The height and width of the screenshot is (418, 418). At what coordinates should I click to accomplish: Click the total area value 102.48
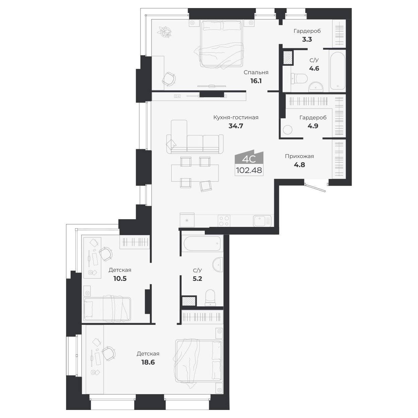pyautogui.click(x=249, y=170)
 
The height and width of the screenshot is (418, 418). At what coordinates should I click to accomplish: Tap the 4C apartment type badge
pyautogui.click(x=249, y=159)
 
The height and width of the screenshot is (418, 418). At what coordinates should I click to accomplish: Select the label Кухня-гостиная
pyautogui.click(x=236, y=117)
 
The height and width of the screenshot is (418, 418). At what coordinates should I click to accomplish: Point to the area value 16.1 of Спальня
pyautogui.click(x=256, y=81)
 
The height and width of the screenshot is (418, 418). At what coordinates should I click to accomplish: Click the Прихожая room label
pyautogui.click(x=299, y=156)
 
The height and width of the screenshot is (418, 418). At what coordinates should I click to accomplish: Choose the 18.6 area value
pyautogui.click(x=148, y=362)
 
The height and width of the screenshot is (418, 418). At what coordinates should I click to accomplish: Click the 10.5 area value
pyautogui.click(x=120, y=279)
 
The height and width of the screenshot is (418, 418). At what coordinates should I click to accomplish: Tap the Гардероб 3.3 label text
pyautogui.click(x=307, y=31)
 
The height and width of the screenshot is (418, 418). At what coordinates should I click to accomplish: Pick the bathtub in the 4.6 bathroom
pyautogui.click(x=337, y=70)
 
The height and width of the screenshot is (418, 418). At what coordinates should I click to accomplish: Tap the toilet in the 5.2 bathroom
pyautogui.click(x=210, y=297)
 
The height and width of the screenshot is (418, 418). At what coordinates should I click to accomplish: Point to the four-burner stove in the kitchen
pyautogui.click(x=224, y=221)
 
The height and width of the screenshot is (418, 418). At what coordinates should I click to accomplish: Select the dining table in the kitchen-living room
pyautogui.click(x=195, y=173)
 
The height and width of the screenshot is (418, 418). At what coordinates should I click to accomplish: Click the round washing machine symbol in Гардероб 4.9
pyautogui.click(x=288, y=129)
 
